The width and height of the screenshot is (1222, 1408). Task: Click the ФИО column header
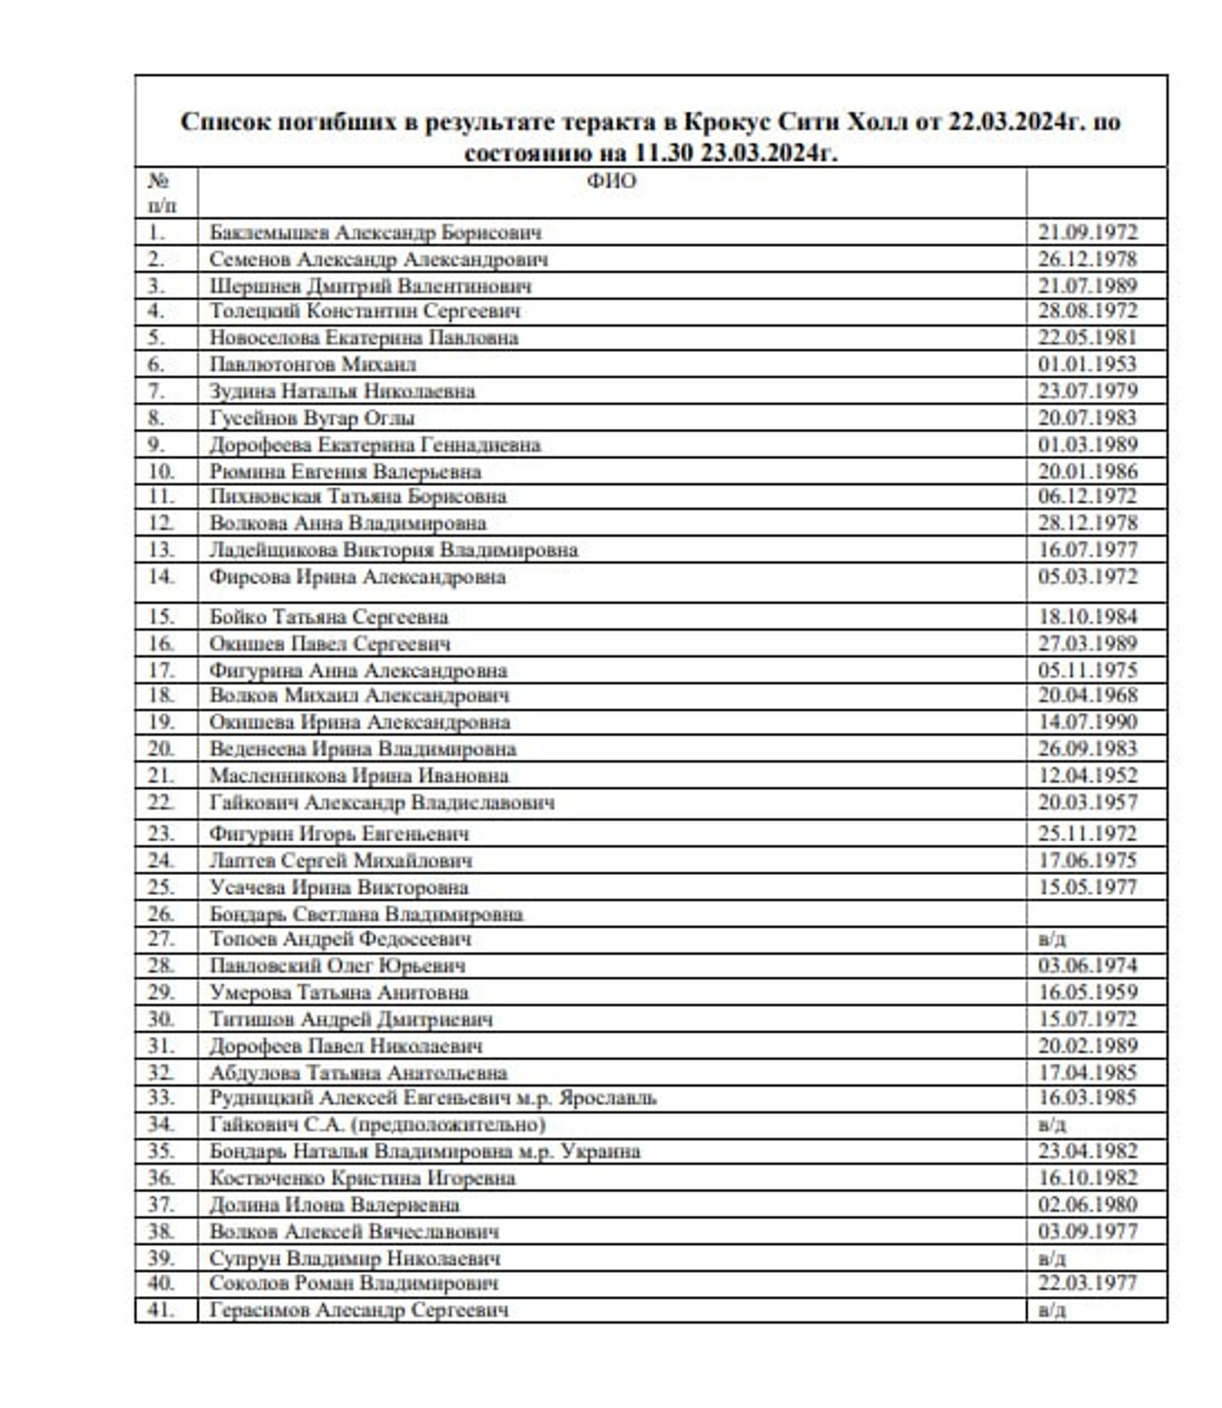(x=611, y=181)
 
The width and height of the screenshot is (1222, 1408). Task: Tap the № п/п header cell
(x=161, y=192)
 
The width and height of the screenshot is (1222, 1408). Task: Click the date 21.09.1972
(x=1088, y=232)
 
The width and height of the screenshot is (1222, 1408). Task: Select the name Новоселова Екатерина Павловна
(x=363, y=338)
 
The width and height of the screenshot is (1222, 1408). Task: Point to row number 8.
(x=156, y=418)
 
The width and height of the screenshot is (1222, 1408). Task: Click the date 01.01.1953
(x=1087, y=364)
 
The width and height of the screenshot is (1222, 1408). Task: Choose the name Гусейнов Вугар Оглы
(x=312, y=418)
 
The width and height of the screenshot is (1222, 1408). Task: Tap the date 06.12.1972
(x=1088, y=496)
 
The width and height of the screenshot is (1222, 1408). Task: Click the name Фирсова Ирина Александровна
(x=358, y=577)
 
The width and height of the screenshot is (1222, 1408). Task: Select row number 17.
(x=161, y=670)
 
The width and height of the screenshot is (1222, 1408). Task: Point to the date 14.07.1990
(x=1088, y=722)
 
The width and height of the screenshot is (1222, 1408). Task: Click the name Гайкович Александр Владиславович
(x=382, y=802)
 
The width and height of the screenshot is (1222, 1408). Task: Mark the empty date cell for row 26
(x=1096, y=913)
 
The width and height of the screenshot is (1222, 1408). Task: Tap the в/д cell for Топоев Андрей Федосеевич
(x=1052, y=940)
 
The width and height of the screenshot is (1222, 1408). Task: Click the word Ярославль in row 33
(x=608, y=1098)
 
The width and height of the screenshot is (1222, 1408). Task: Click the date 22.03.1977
(x=1088, y=1283)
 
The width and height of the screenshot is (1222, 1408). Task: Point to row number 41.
(x=161, y=1310)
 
